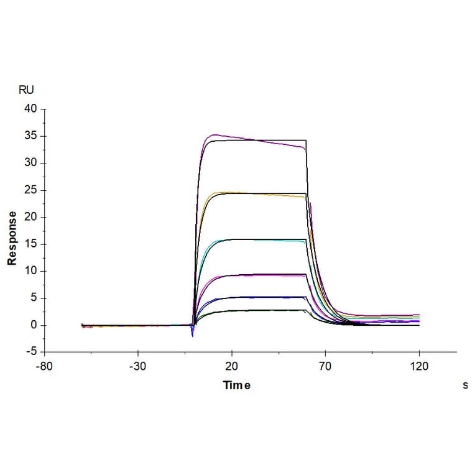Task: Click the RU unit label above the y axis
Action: pos(27,90)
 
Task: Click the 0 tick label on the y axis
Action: pos(35,325)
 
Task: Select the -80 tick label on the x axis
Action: pos(44,366)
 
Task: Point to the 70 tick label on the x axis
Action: pos(325,366)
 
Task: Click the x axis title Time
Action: pos(237,385)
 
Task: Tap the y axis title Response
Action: pos(12,238)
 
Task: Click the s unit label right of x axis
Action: pos(465,385)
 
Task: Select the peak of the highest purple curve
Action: pos(214,135)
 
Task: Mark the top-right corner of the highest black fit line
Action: pos(307,141)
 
